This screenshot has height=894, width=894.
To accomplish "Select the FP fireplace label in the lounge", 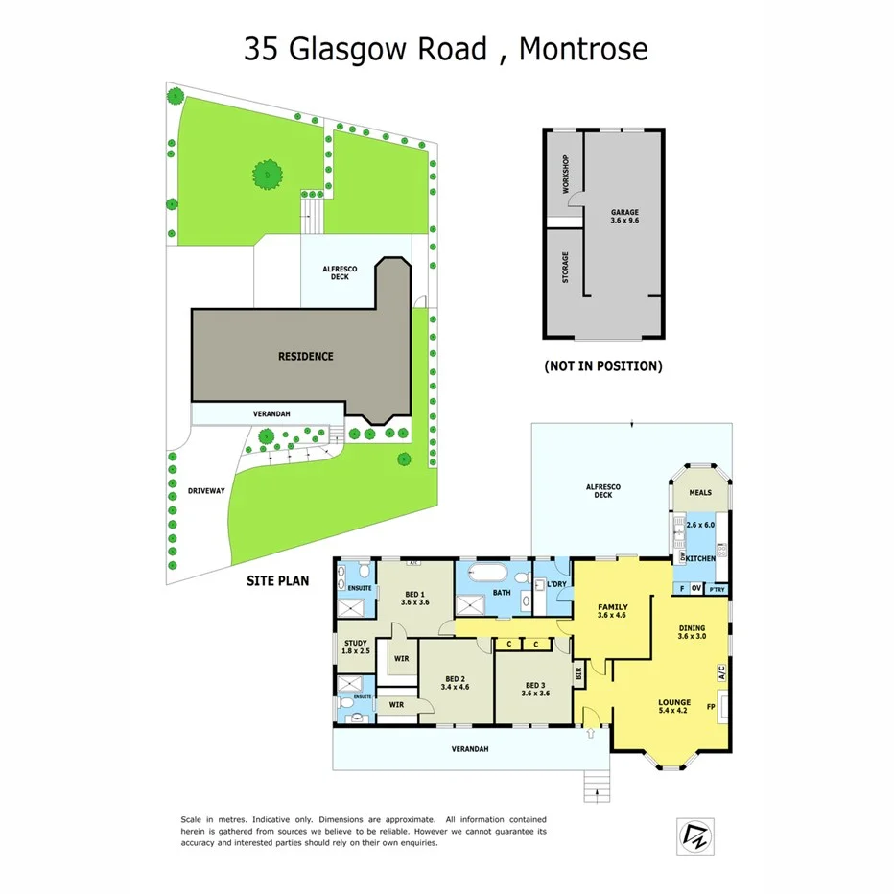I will (711, 707).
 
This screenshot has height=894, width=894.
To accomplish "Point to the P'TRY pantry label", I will (716, 589).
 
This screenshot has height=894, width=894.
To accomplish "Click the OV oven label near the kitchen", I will (696, 589).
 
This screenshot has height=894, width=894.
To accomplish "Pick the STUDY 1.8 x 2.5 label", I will (353, 647).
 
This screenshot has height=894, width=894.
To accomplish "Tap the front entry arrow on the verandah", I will (591, 735).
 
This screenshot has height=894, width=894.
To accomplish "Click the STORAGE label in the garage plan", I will (565, 268).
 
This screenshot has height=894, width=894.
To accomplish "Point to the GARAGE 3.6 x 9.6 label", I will (624, 217).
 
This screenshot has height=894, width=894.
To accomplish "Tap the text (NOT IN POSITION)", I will (602, 365).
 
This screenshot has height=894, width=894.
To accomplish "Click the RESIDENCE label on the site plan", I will (306, 356).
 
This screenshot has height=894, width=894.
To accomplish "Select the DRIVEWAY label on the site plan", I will (206, 491).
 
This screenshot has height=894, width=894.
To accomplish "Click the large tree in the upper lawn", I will (268, 175).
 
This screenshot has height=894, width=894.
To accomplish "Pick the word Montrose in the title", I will (583, 49).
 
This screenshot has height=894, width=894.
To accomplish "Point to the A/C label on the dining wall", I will (720, 673).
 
